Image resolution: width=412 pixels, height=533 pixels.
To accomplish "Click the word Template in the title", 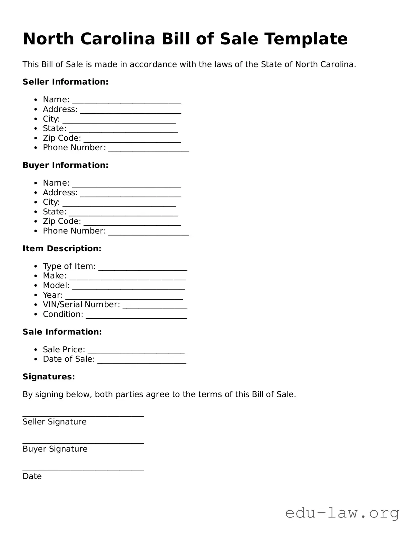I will [306, 39].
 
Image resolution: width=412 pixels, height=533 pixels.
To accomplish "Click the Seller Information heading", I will [65, 82].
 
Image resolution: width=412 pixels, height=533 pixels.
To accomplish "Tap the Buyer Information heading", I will [65, 165].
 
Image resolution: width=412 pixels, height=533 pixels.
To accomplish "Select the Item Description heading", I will [62, 249].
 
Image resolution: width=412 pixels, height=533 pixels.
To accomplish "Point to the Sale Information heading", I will [62, 332].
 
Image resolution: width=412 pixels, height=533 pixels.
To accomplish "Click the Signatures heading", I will [49, 377].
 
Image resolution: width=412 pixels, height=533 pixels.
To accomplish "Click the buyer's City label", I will [51, 202].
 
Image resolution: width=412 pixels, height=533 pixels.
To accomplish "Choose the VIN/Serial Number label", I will [81, 305].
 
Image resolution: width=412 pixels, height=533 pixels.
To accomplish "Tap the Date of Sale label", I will [69, 359].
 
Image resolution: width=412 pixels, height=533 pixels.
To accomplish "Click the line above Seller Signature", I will [83, 416].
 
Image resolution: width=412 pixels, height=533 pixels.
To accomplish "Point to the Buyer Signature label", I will [55, 449].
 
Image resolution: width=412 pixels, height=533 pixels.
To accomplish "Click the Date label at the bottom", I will [32, 476].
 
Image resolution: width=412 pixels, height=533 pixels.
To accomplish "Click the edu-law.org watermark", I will [342, 513].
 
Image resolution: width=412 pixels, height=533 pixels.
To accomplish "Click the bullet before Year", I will [36, 295].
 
